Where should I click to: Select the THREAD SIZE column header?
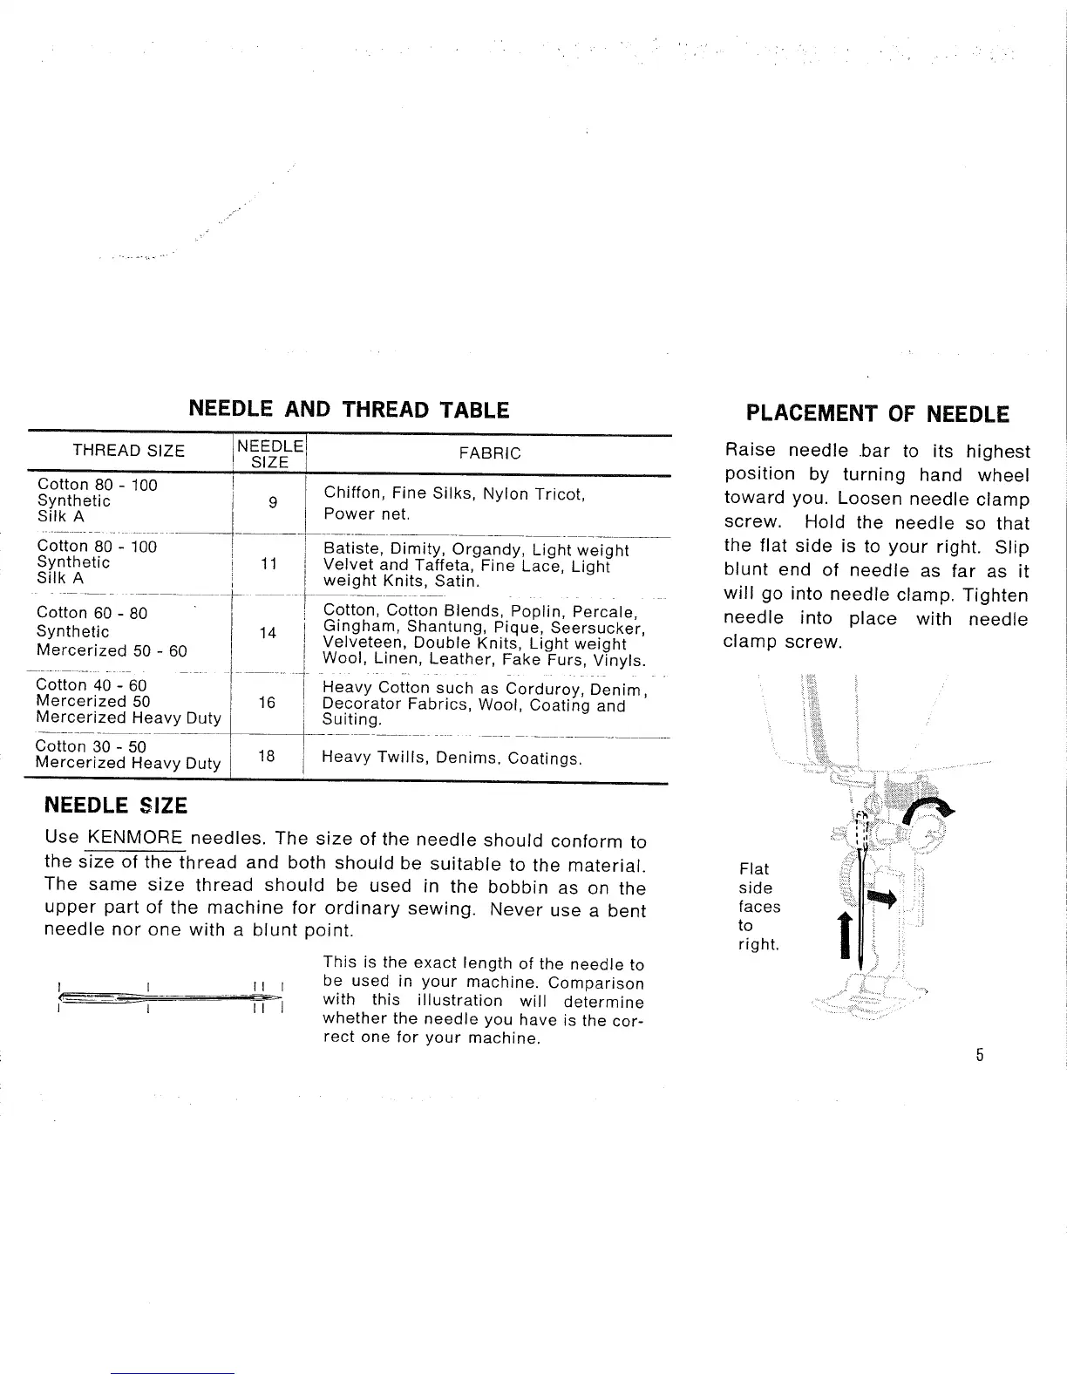128,451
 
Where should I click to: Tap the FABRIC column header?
489,452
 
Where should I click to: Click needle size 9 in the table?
273,503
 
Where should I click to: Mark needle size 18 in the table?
267,756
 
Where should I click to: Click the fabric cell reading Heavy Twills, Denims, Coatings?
452,758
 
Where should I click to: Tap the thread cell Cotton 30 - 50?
91,747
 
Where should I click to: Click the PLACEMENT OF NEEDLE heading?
877,413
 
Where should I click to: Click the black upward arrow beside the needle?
846,935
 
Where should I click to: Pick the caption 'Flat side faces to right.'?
758,907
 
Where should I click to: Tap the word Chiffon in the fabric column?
351,493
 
